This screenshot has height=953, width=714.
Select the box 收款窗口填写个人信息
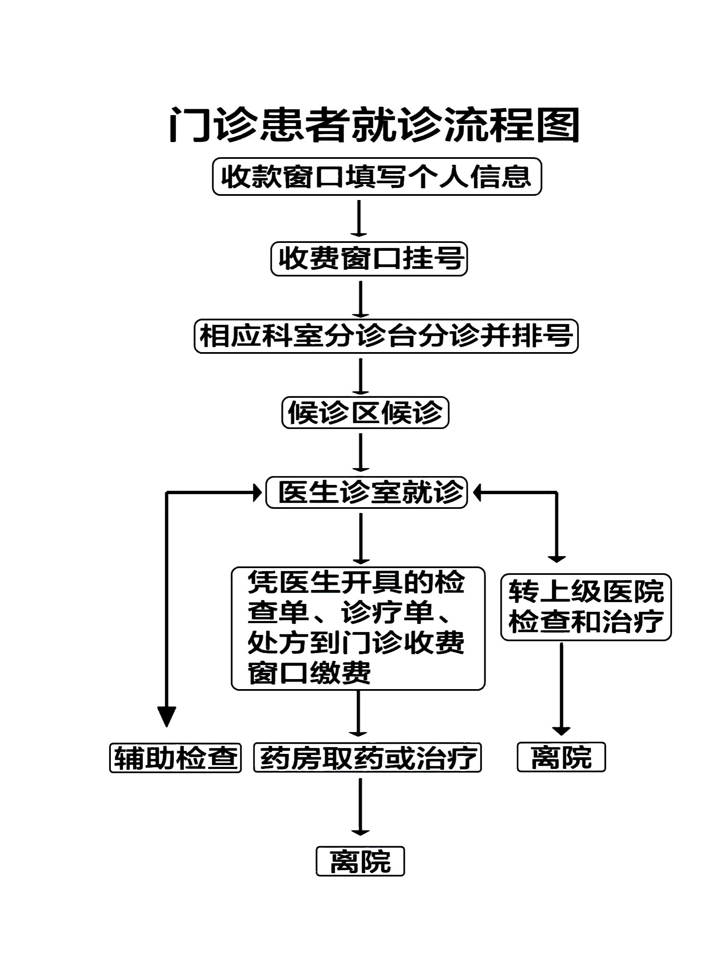[x=376, y=176]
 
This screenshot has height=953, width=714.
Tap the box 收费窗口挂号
[x=369, y=258]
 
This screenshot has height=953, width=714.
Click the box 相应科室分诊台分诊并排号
[x=386, y=336]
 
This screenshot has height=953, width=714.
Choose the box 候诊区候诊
[x=365, y=413]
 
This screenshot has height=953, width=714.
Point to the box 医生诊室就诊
[x=367, y=492]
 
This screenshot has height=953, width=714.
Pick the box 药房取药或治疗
[x=367, y=758]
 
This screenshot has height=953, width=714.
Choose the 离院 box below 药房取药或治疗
[x=360, y=862]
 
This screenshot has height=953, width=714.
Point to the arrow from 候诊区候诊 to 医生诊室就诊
[x=360, y=453]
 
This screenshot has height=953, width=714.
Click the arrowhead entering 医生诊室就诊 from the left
[x=257, y=492]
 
